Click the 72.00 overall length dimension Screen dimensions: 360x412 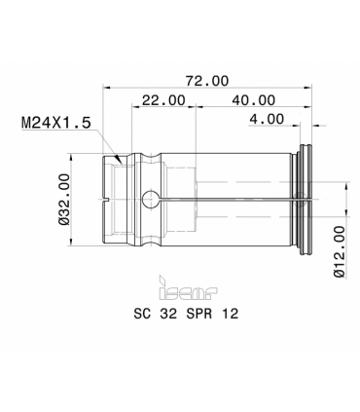[207, 81]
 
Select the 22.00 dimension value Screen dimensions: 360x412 [163, 100]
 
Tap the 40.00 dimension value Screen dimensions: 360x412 [254, 100]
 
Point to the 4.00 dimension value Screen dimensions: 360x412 [267, 119]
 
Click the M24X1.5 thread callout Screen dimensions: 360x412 [56, 123]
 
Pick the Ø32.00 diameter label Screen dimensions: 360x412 [64, 199]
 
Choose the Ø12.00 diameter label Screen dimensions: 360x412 [340, 251]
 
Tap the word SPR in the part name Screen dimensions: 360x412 [199, 314]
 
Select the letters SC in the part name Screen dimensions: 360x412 [142, 314]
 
